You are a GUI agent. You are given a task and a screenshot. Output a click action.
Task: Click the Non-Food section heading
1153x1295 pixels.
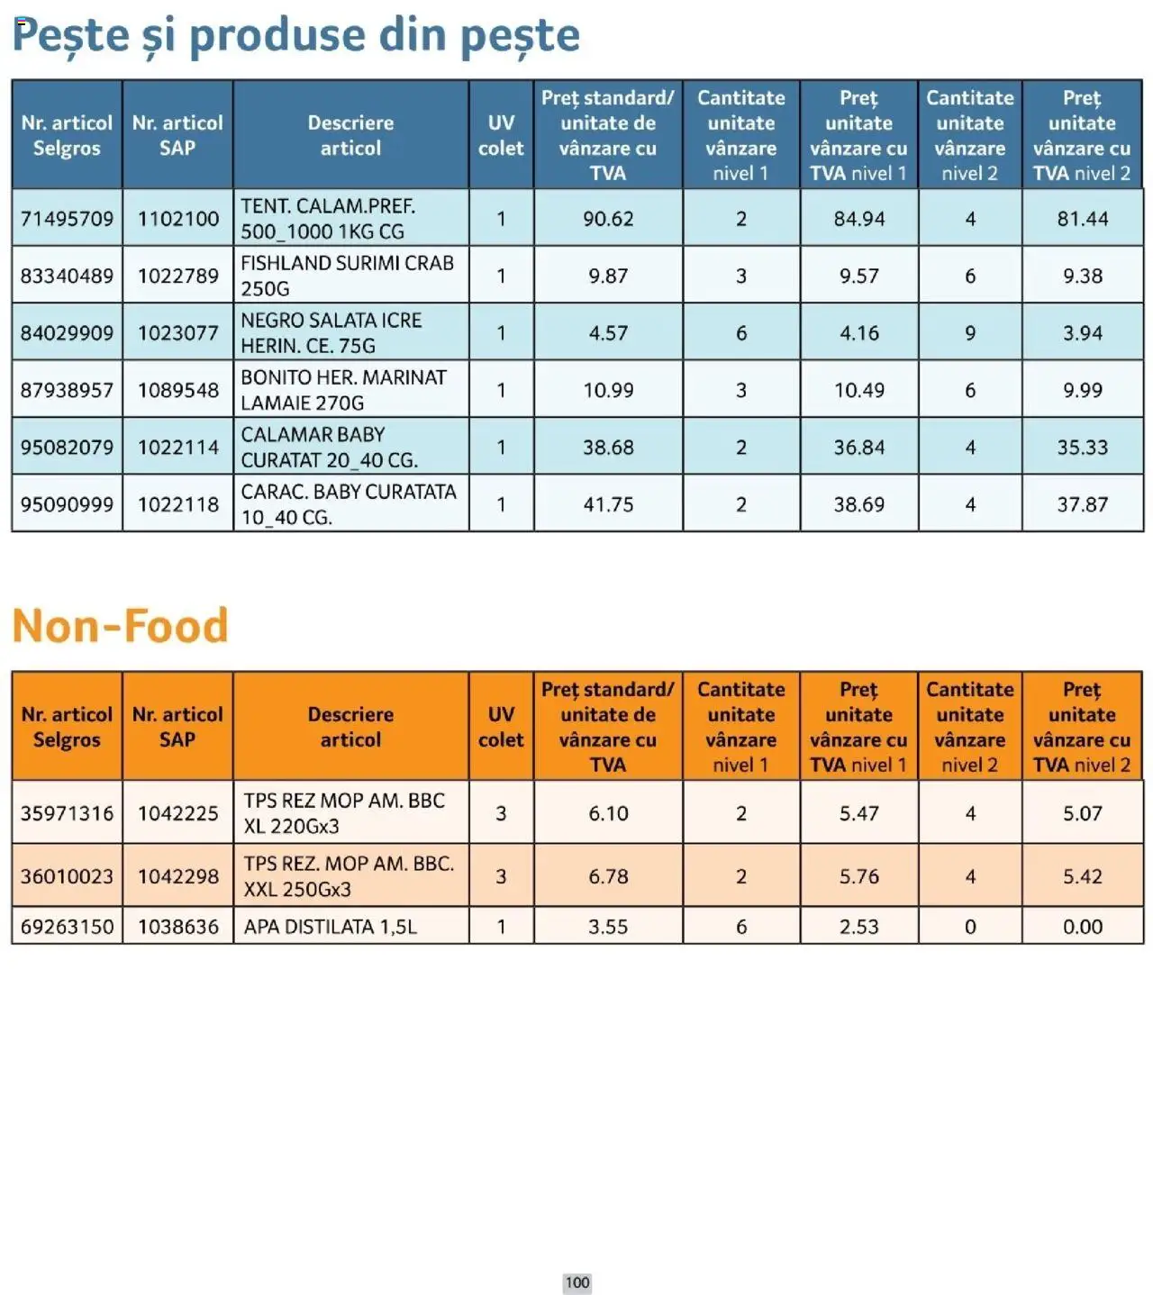(x=120, y=626)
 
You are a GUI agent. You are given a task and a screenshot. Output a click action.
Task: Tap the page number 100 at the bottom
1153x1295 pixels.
(x=576, y=1282)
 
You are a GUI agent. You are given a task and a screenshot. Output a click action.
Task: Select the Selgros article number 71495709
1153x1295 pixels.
(x=67, y=219)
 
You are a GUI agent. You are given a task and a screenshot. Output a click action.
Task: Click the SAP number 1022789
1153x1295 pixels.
(x=177, y=276)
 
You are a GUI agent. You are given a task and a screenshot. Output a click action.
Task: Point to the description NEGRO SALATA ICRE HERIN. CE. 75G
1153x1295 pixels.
(x=331, y=333)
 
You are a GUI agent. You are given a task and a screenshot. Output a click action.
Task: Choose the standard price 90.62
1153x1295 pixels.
(x=608, y=219)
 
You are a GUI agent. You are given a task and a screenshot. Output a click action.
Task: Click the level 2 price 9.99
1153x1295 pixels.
(x=1082, y=391)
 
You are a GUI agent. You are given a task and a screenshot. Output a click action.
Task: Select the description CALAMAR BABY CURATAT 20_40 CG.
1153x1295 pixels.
(x=329, y=448)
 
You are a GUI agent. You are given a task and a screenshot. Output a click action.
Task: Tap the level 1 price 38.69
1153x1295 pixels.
(x=858, y=505)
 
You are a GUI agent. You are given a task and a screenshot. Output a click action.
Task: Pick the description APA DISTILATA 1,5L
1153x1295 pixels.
(x=331, y=927)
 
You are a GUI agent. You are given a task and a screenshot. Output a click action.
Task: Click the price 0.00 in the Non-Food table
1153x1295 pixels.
(x=1082, y=927)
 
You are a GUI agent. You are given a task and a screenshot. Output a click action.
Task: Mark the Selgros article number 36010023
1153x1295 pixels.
(x=67, y=876)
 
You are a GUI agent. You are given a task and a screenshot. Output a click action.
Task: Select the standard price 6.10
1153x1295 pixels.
(x=608, y=813)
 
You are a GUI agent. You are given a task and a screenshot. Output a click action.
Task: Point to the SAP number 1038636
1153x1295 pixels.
(x=177, y=927)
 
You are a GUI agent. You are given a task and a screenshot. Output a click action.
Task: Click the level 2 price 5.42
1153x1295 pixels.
(x=1082, y=876)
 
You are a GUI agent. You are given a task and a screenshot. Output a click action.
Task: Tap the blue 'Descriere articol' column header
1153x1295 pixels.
(x=350, y=135)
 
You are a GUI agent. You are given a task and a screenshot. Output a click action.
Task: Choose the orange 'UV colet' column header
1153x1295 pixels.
(x=501, y=727)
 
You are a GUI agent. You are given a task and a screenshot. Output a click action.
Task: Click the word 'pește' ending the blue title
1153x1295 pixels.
(x=520, y=36)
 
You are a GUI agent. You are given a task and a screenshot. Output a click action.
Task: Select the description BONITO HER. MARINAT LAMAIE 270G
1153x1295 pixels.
(x=343, y=391)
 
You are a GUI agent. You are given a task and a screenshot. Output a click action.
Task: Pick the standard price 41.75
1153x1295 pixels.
(x=608, y=505)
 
